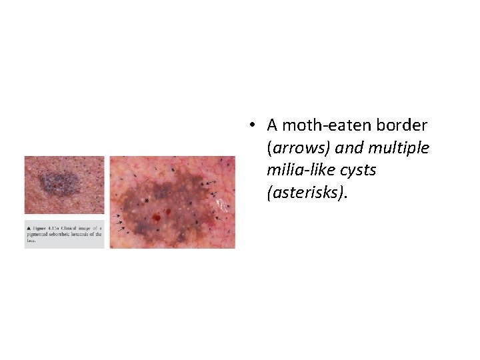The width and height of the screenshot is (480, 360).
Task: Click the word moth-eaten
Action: [325, 125]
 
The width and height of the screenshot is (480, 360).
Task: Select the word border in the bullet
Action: [405, 125]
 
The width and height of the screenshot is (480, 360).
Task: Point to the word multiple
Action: [398, 148]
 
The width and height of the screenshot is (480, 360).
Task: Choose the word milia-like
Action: [299, 171]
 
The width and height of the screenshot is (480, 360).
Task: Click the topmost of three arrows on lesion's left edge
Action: [119, 217]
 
